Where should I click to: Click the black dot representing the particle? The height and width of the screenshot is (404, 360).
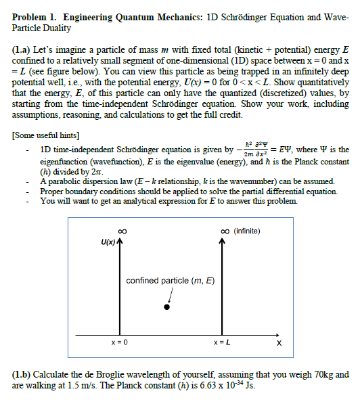tap(167, 307)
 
